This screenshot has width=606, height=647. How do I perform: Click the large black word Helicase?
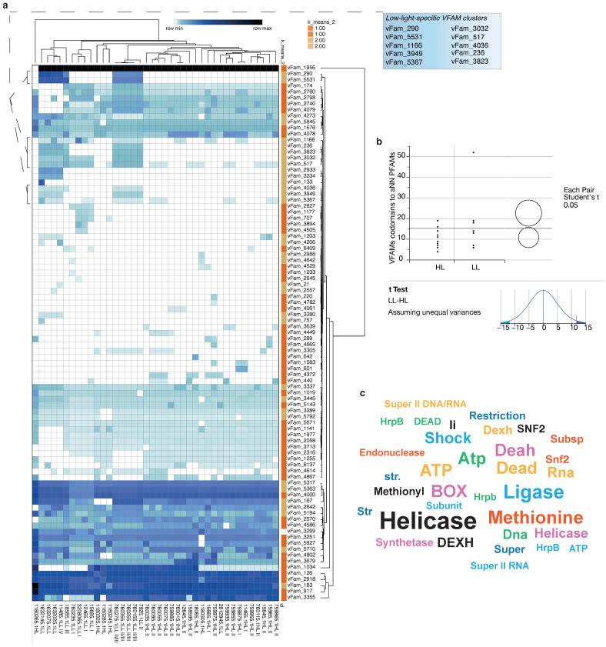(x=428, y=522)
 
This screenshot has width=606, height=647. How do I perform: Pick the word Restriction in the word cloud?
(x=497, y=416)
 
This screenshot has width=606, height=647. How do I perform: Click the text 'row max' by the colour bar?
(x=251, y=27)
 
